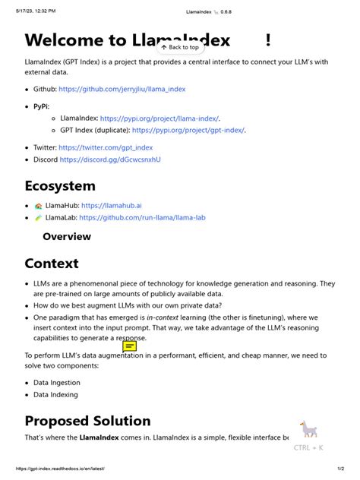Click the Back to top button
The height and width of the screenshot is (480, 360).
(x=179, y=47)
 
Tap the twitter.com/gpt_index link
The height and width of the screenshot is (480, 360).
(x=106, y=147)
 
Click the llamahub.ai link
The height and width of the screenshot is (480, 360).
(x=111, y=205)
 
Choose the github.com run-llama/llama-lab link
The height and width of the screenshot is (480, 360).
(x=142, y=217)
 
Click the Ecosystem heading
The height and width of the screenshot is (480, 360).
(x=60, y=186)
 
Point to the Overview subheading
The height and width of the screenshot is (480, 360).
(x=67, y=237)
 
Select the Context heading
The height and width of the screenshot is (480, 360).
(x=52, y=264)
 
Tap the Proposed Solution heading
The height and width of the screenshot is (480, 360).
(x=87, y=421)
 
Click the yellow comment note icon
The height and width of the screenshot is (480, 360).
(x=130, y=347)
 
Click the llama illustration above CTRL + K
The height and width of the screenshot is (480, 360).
(x=308, y=430)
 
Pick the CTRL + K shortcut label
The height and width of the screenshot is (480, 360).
(x=308, y=447)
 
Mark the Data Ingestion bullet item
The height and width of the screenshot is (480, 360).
(x=57, y=383)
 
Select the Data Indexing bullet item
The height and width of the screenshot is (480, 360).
(x=55, y=395)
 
